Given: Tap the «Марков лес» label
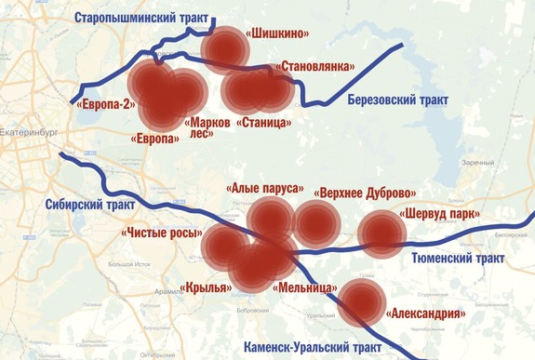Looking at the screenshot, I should tap(208, 127).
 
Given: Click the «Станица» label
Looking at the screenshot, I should tap(265, 122).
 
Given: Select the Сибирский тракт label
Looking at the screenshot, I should tap(89, 205).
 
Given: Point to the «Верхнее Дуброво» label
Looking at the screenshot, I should tap(366, 193).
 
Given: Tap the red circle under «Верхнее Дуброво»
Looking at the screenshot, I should tap(316, 221).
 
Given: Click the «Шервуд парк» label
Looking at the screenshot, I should tap(440, 214).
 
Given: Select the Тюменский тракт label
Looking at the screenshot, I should tap(457, 256).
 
